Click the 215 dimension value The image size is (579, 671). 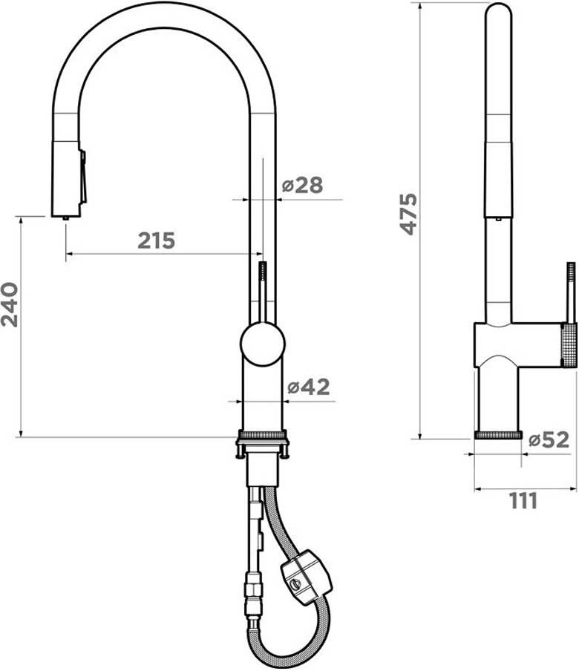coord(156,240)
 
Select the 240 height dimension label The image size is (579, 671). coord(10,304)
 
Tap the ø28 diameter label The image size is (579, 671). coord(302,186)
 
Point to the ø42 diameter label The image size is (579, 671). coord(309,387)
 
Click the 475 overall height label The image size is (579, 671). coord(408,214)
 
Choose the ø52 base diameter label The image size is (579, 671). coord(549,439)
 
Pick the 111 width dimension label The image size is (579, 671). coord(523,501)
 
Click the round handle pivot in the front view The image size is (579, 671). coord(262,344)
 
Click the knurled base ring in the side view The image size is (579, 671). coord(498,435)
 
